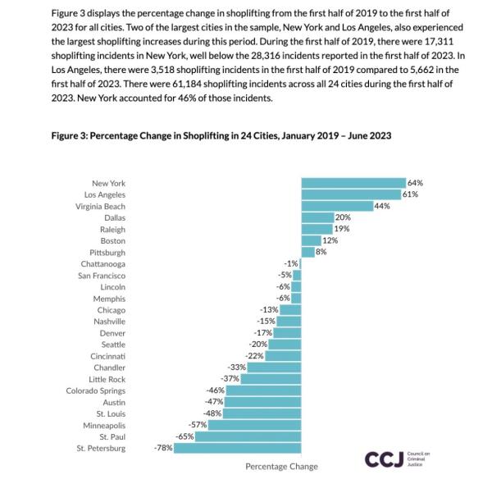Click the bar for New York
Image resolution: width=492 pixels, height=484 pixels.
[x=353, y=183]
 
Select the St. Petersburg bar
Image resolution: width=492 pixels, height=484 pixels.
[x=238, y=449]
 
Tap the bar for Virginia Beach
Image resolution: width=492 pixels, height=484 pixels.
[x=337, y=206]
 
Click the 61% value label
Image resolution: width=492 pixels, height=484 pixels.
[x=411, y=194]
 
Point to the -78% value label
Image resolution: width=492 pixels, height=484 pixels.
[x=163, y=449]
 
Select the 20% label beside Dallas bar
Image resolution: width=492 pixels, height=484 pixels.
[x=343, y=217]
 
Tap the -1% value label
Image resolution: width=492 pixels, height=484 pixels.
[x=291, y=263]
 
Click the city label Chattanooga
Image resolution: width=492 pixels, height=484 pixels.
[x=103, y=264]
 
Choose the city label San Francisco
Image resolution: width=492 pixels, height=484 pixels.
[x=102, y=276]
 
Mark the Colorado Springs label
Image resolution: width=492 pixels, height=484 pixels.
[x=96, y=390]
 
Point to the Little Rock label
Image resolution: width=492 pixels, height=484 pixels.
[x=107, y=379]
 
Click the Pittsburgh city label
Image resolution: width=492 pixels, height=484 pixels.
[x=107, y=253]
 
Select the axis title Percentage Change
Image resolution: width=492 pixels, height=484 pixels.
[x=281, y=467]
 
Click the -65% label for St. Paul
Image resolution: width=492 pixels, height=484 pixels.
[x=185, y=437]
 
